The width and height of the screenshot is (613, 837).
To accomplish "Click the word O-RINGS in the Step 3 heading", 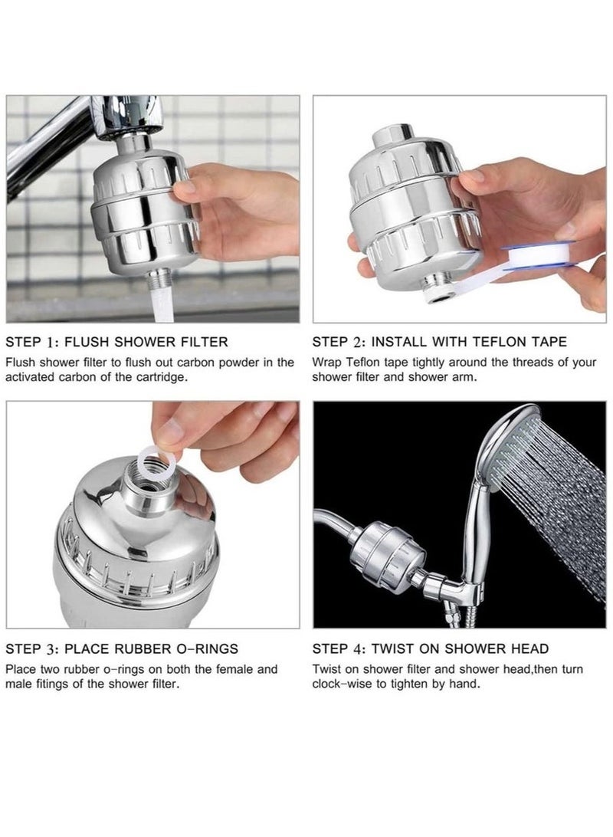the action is tap(206, 648).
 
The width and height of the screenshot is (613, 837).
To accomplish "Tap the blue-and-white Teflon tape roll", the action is tap(539, 254).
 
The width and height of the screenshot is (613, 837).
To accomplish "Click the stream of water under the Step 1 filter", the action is tap(163, 302).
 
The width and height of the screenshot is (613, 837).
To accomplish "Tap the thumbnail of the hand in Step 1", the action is tap(185, 187).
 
